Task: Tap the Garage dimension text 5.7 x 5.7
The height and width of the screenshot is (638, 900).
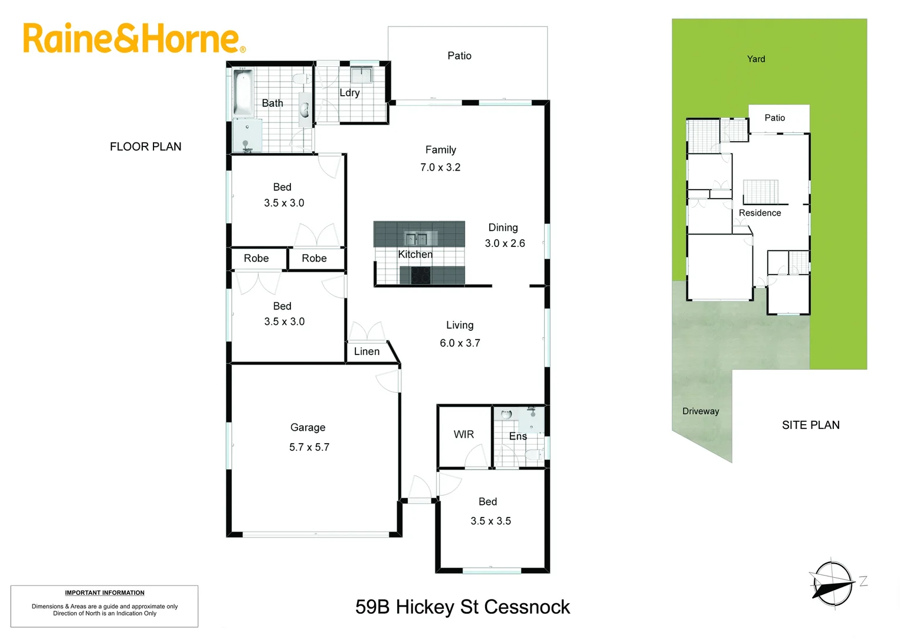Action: pos(309,447)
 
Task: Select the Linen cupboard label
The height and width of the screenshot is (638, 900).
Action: pos(366,351)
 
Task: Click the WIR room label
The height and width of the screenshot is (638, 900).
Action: pos(463,434)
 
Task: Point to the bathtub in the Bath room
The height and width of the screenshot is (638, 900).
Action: pos(243,93)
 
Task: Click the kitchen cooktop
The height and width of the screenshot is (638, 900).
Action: pos(420,275)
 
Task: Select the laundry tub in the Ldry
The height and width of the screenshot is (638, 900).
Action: pos(361,75)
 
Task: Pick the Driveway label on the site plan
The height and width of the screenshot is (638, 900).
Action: pos(701,411)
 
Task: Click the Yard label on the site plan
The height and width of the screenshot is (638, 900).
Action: pos(756,59)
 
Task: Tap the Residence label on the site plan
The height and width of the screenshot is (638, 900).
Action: pos(760,213)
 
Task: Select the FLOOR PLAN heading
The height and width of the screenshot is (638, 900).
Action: pos(146,147)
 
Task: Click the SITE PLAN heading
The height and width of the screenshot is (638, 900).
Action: pos(810,425)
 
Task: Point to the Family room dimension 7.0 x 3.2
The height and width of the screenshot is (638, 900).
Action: pos(440,167)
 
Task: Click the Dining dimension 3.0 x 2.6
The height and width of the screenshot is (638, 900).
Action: pos(505,243)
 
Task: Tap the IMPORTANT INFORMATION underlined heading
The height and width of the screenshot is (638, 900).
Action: pos(104,593)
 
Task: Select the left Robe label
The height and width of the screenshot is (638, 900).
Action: pos(256,258)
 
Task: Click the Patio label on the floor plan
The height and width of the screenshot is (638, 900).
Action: pos(459,56)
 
